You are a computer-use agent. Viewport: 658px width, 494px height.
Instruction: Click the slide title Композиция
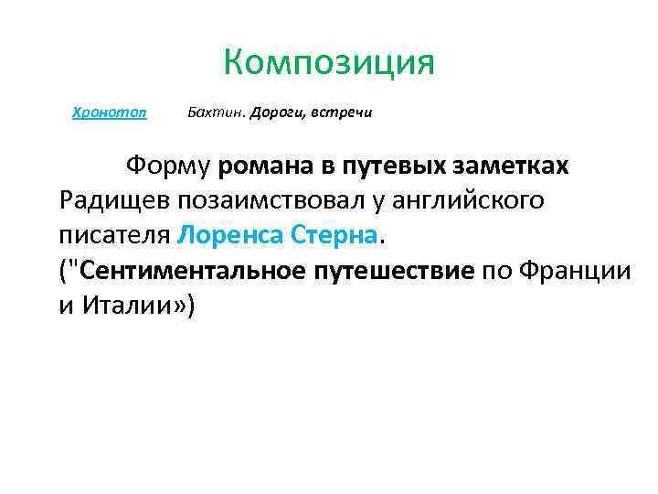(x=328, y=64)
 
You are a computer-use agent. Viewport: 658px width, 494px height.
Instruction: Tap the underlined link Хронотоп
(x=109, y=113)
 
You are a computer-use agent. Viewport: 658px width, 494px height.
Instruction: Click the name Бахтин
(x=209, y=113)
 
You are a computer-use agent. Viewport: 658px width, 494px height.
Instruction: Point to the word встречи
(x=342, y=113)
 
